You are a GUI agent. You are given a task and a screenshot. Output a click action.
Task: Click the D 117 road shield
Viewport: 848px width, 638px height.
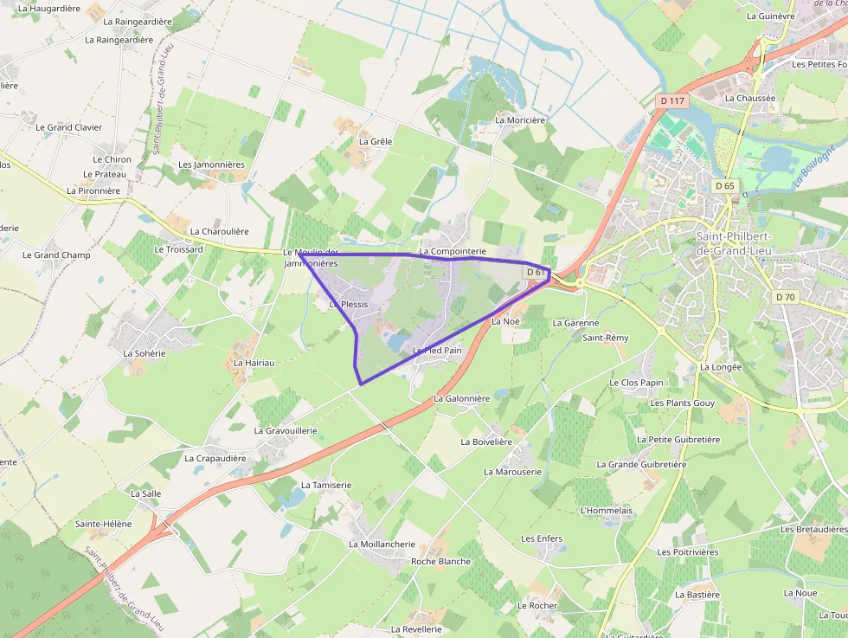click(x=671, y=101)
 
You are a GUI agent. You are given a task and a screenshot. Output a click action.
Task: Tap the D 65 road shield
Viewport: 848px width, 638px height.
click(x=724, y=186)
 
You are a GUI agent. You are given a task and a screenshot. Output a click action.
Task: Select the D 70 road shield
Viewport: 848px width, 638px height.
click(x=785, y=297)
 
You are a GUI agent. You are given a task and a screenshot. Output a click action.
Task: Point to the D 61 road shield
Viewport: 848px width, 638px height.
click(x=536, y=272)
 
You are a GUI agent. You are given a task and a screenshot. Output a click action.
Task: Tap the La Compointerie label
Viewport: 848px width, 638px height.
click(x=453, y=251)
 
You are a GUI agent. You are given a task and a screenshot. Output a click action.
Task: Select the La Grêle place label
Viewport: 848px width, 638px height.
click(x=375, y=141)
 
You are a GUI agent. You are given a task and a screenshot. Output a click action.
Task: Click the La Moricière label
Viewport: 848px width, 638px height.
click(x=520, y=119)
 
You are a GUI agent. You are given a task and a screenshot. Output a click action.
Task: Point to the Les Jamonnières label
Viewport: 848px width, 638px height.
click(x=211, y=164)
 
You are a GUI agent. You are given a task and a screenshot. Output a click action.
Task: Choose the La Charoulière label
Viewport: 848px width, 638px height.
click(x=219, y=231)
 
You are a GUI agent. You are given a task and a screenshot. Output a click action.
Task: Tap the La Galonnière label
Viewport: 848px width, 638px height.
click(x=462, y=398)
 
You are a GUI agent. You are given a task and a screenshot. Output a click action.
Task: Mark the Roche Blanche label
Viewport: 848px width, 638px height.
click(x=441, y=561)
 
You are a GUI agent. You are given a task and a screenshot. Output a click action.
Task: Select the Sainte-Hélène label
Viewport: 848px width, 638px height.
click(x=103, y=524)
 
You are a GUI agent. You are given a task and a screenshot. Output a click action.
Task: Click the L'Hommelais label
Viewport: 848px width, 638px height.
click(x=607, y=510)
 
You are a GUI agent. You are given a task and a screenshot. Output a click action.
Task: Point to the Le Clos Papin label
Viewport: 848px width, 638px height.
click(x=636, y=383)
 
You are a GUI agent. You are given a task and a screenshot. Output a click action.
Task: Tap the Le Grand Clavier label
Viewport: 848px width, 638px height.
click(x=68, y=127)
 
